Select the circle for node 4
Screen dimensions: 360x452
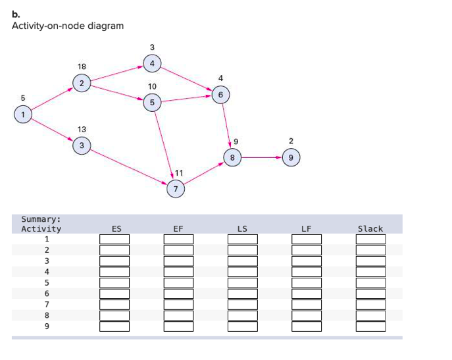pyautogui.click(x=152, y=64)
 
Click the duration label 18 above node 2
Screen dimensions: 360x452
pyautogui.click(x=82, y=66)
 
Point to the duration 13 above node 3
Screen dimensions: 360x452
pyautogui.click(x=82, y=129)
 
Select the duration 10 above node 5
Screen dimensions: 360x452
pyautogui.click(x=152, y=86)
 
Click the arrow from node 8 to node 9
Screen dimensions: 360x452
pyautogui.click(x=260, y=157)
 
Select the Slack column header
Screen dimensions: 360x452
pyautogui.click(x=370, y=229)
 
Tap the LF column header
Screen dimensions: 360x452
pyautogui.click(x=306, y=229)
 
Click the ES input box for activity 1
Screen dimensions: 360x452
pyautogui.click(x=114, y=240)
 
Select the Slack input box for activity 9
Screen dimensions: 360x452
pyautogui.click(x=370, y=326)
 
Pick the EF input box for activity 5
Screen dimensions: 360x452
pyautogui.click(x=178, y=283)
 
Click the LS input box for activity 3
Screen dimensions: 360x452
pyautogui.click(x=242, y=261)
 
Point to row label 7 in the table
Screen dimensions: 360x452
pyautogui.click(x=47, y=304)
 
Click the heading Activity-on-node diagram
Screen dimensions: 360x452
pyautogui.click(x=68, y=26)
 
